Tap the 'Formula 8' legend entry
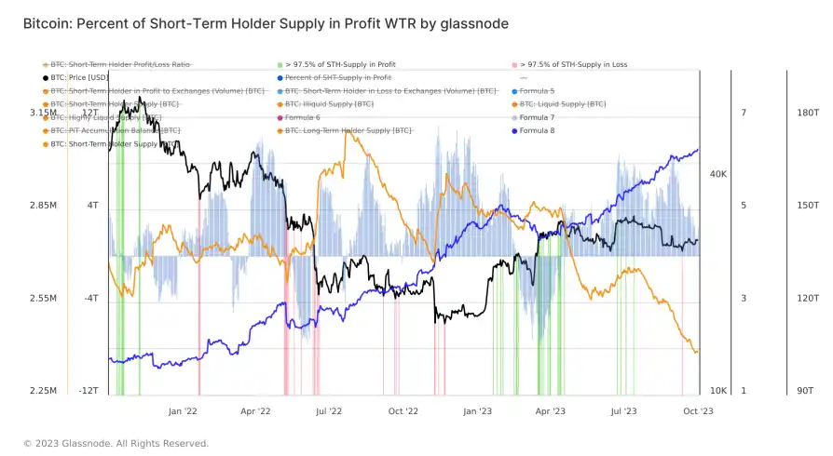click(537, 131)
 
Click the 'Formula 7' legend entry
click(537, 118)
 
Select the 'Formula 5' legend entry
click(537, 91)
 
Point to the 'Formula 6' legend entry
click(303, 118)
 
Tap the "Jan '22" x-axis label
click(183, 409)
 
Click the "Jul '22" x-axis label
click(328, 409)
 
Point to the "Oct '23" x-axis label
click(698, 409)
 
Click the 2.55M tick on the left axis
click(42, 299)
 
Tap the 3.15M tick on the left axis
click(42, 113)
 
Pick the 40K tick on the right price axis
click(718, 174)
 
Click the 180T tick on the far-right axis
click(808, 113)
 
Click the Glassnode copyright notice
click(116, 443)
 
